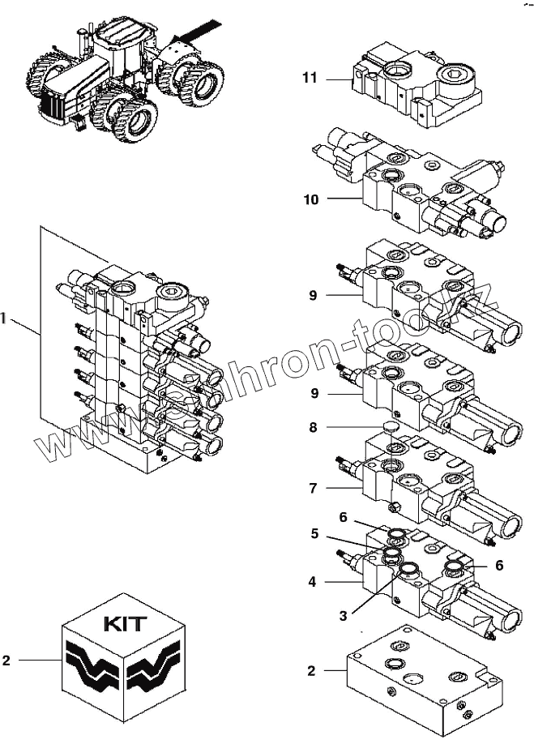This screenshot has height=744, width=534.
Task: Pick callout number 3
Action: (343, 616)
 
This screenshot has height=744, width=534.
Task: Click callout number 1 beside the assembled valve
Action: (4, 319)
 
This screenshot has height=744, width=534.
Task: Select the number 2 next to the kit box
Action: (6, 661)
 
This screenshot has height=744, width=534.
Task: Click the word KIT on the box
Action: (125, 624)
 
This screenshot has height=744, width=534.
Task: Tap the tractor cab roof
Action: (122, 36)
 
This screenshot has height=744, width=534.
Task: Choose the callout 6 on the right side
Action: (499, 566)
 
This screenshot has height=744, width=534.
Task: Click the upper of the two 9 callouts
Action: (313, 296)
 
